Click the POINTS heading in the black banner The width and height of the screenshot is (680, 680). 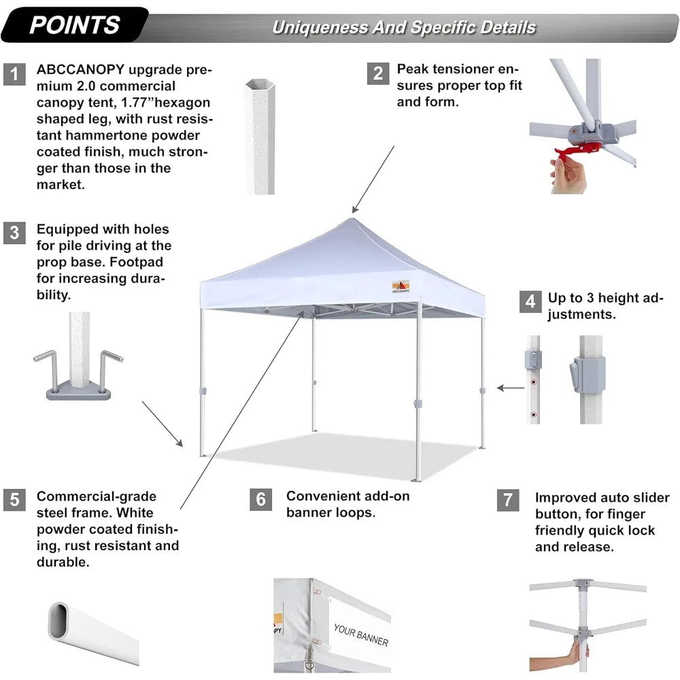point(75,25)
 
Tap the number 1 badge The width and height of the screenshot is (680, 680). point(14,74)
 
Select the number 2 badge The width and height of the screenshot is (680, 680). point(378,73)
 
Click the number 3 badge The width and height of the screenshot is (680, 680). point(14,233)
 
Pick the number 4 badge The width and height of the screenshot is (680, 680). point(530,301)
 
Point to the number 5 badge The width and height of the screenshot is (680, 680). point(14,499)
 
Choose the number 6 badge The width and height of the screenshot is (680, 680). point(261,499)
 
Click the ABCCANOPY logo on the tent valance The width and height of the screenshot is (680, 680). point(401,286)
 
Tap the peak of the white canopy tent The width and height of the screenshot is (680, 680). point(351,219)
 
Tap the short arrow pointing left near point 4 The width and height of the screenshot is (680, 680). point(510,388)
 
